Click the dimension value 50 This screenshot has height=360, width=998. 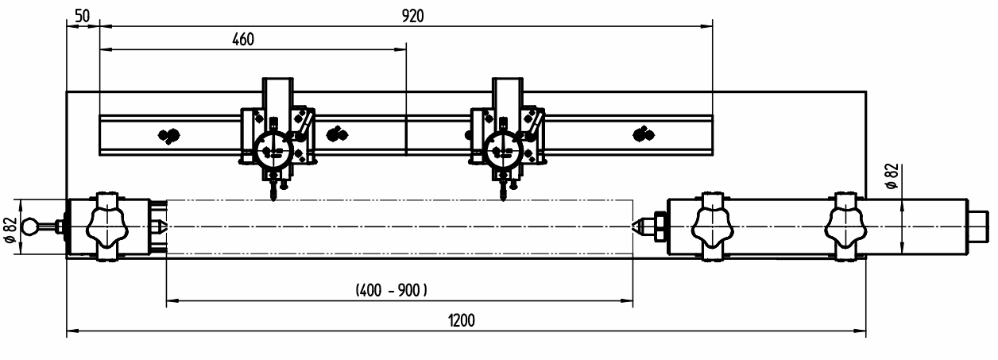[82, 16]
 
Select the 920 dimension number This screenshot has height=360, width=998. [413, 16]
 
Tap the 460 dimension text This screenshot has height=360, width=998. [243, 40]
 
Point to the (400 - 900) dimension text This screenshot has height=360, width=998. [391, 291]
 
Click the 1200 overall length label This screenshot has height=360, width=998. [462, 320]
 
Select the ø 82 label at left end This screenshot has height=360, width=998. [10, 230]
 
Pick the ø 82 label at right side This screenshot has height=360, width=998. [892, 176]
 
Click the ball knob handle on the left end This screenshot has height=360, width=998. [30, 226]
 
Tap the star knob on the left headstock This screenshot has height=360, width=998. [108, 227]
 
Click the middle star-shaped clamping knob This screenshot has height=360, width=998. [713, 227]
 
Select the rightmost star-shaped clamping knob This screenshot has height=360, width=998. [845, 227]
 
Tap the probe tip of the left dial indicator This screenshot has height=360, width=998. [273, 199]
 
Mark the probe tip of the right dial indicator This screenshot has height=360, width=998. [504, 199]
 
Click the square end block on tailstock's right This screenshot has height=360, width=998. [979, 226]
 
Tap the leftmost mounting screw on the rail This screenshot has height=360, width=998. [169, 135]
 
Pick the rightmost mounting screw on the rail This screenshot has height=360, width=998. [644, 134]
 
